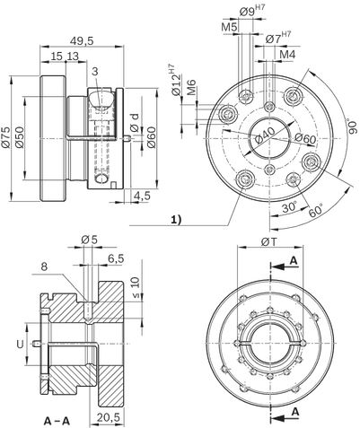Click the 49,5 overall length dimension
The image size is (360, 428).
tap(82, 41)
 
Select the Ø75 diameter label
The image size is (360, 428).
tap(5, 137)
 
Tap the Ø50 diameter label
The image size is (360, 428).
tap(19, 137)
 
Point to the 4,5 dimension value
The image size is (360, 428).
tap(142, 196)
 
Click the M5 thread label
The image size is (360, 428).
tap(229, 27)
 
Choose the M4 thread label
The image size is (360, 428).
tap(287, 55)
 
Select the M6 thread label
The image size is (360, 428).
tap(191, 87)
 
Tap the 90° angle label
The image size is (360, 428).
tap(353, 127)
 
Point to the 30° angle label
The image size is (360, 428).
tap(289, 207)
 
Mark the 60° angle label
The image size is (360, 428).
tap(316, 210)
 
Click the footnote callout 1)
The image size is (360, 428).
tap(176, 221)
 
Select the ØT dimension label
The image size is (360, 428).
tap(269, 242)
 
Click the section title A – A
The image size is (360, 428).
tap(57, 422)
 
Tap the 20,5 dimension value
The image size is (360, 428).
tap(108, 416)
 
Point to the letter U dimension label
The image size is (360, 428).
tap(20, 345)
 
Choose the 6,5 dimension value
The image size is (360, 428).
tap(116, 259)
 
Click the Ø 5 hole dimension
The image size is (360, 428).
tap(90, 240)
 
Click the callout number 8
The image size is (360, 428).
tap(44, 266)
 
